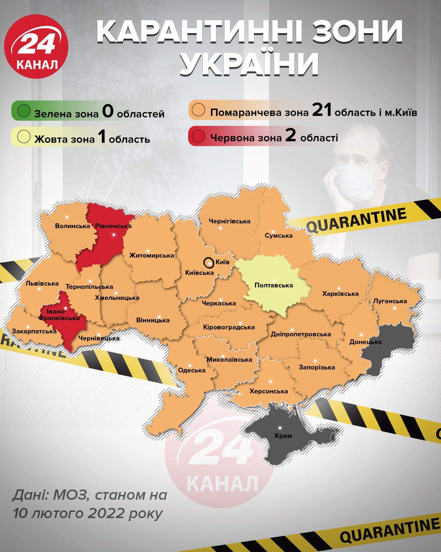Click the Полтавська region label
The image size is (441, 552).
273,285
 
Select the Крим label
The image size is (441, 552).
283,436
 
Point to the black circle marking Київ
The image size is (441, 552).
208,263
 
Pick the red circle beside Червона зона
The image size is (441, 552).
201,137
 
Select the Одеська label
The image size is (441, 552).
191,370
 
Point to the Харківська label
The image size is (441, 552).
340,294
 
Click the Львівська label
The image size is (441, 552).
42,283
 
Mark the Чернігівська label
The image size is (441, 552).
229,221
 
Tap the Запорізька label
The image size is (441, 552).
317,367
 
